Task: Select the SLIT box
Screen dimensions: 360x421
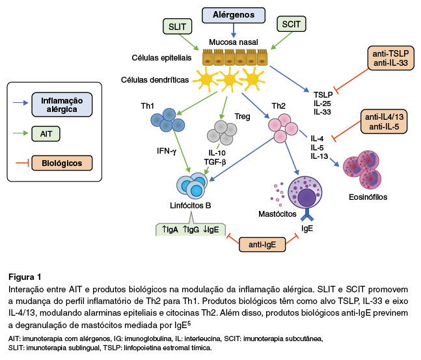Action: pyautogui.click(x=178, y=27)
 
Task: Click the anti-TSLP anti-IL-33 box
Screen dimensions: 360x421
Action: pyautogui.click(x=390, y=57)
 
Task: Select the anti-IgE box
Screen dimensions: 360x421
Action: pyautogui.click(x=261, y=243)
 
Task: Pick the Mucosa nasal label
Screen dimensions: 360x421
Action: pyautogui.click(x=234, y=43)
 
